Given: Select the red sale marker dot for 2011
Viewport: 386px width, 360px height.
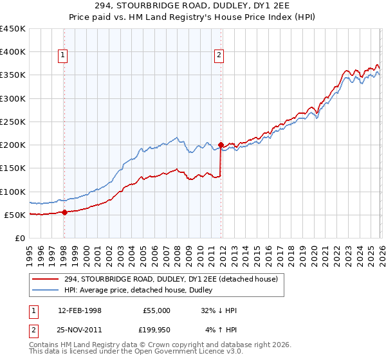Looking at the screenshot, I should pos(221,145).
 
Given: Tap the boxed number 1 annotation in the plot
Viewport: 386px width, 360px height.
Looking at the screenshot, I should pos(63,56).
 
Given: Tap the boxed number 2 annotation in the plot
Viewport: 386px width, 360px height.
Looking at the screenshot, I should pos(219,56).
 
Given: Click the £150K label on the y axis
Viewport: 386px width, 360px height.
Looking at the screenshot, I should pos(13,168).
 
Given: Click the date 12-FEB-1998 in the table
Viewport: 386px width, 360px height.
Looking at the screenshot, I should pos(79,310).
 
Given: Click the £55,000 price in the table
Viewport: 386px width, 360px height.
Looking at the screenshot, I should pos(156,310).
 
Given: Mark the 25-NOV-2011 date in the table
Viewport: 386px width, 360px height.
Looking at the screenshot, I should pos(79,330).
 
